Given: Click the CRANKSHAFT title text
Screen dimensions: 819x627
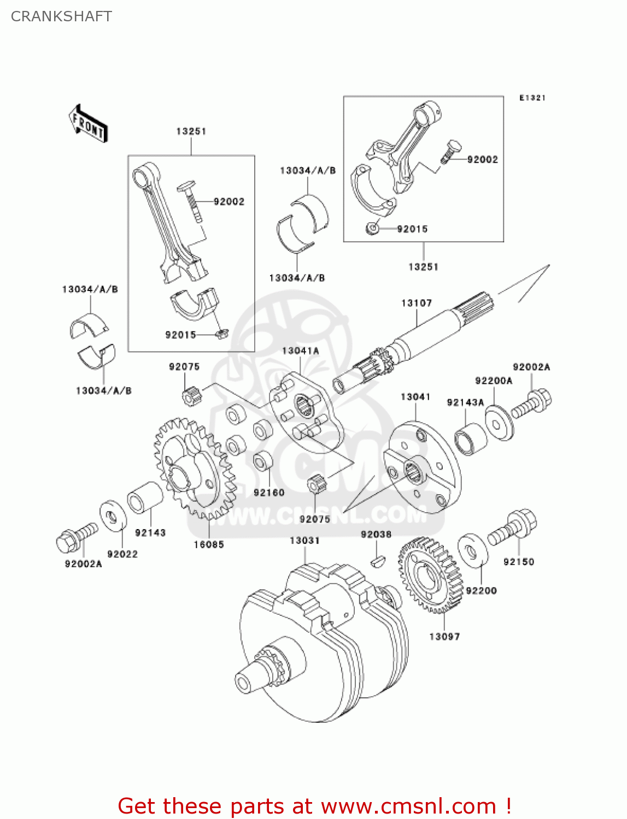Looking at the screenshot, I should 61,16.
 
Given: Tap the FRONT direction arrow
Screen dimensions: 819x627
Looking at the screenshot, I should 88,124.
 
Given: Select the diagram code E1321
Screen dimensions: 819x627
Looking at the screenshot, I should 532,98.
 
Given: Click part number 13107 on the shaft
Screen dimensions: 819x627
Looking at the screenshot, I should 416,303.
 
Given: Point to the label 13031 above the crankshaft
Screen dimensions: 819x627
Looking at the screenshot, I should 304,541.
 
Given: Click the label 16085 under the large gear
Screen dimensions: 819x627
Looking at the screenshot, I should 208,544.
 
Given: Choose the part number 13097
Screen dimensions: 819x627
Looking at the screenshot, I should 444,637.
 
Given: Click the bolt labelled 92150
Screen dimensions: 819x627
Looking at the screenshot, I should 513,526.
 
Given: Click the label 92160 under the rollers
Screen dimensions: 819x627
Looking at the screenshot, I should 269,492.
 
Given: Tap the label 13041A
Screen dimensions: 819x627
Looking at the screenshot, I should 300,351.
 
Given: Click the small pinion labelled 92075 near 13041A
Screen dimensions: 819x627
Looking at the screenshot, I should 190,395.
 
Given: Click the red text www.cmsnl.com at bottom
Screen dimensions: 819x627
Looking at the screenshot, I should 408,806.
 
